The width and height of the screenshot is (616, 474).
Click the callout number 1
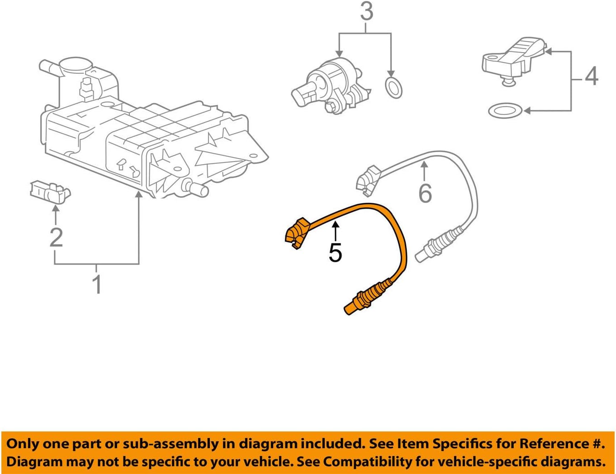point(96,284)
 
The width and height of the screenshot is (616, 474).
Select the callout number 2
point(56,237)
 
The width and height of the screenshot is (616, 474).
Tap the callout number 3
point(366,12)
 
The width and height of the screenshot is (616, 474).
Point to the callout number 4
point(591,76)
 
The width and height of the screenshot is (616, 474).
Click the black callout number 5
point(335,252)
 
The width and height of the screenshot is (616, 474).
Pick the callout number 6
point(425,193)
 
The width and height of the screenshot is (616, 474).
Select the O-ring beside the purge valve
point(393,87)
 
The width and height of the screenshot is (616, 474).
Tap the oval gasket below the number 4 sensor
point(505,110)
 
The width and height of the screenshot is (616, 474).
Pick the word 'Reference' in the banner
point(551,443)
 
